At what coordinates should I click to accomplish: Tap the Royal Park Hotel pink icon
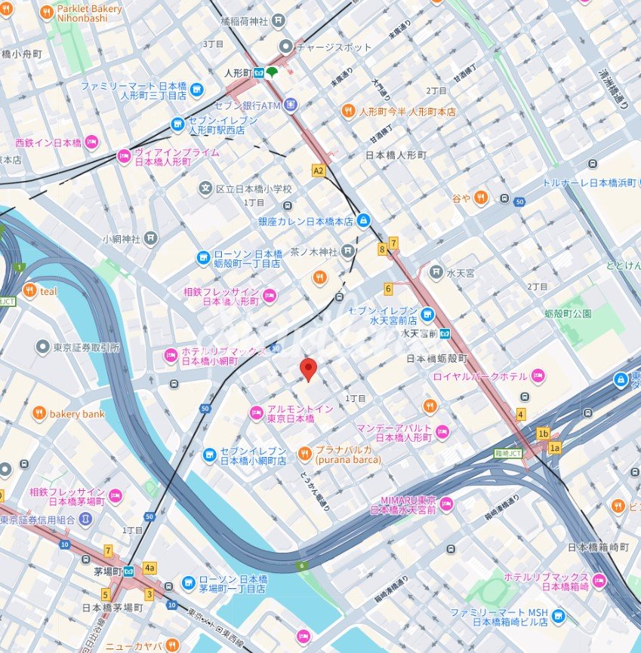pos(538,376)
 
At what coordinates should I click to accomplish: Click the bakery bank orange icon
pos(39,413)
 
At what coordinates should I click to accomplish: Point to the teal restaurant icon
pos(30,291)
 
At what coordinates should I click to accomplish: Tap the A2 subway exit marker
pos(319,171)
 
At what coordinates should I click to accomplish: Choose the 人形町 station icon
pos(258,72)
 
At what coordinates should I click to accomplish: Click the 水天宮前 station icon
pos(446,333)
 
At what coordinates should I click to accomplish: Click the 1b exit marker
pos(543,434)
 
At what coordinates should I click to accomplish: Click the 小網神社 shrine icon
pos(151,238)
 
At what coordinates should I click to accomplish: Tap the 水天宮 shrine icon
pos(436,271)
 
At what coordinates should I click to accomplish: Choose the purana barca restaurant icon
pos(304,453)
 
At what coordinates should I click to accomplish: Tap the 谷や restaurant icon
pos(481,198)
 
